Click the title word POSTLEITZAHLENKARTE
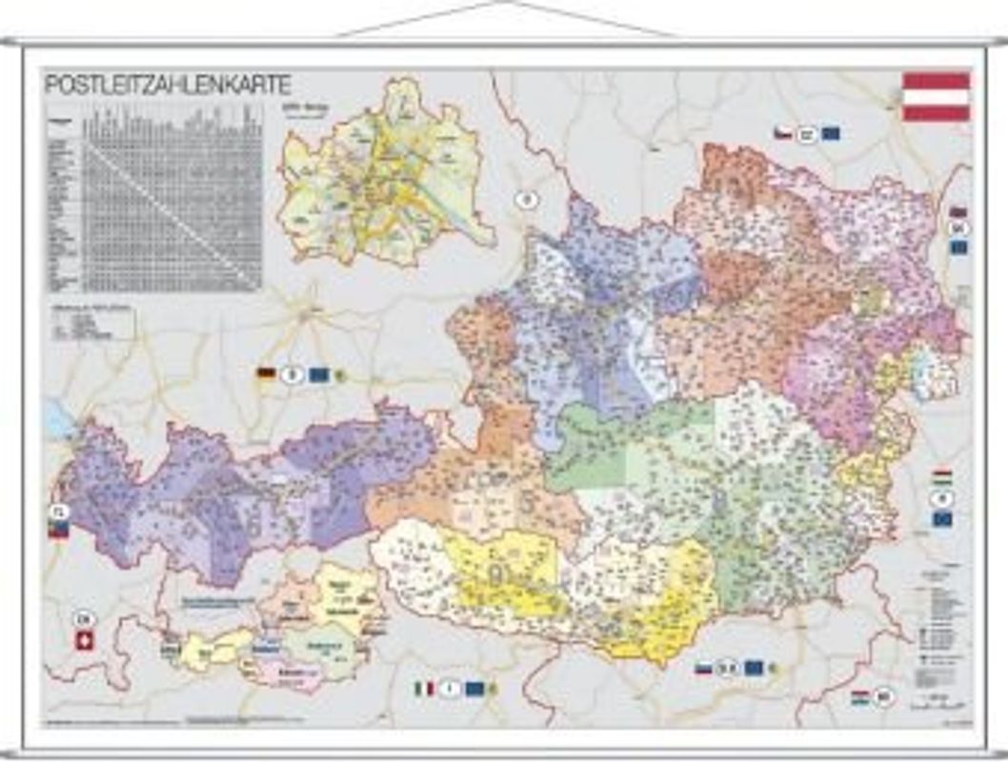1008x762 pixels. [x=168, y=85]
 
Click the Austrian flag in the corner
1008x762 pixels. [x=936, y=96]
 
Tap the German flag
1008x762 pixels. [x=266, y=374]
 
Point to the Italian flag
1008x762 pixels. [x=424, y=688]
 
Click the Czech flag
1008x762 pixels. [x=783, y=133]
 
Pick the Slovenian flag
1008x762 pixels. [x=703, y=668]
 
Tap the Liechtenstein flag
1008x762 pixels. [x=58, y=530]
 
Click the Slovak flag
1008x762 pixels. [x=958, y=213]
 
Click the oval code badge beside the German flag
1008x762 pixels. [x=292, y=374]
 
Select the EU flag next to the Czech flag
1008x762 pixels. [x=830, y=133]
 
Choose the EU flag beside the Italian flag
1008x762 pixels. [x=474, y=688]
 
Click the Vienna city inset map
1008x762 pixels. [x=386, y=176]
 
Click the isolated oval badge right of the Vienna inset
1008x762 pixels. [x=525, y=200]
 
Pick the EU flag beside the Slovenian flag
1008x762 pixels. [x=754, y=668]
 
